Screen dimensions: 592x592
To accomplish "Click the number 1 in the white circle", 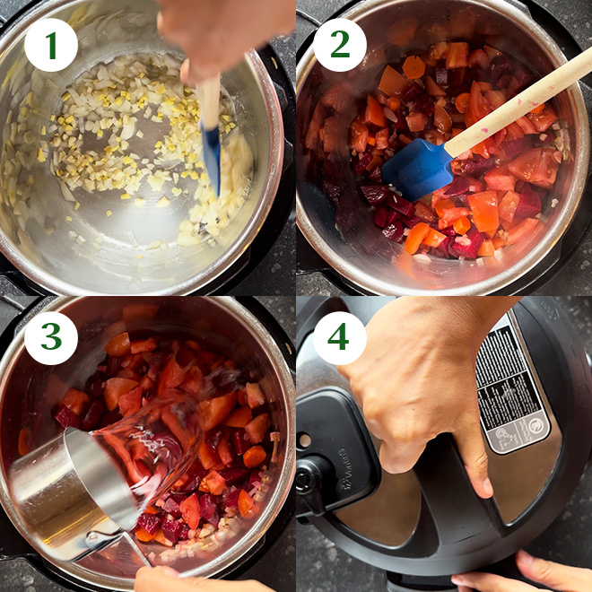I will click(51, 45).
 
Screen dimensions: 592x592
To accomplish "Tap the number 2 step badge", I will click(340, 45).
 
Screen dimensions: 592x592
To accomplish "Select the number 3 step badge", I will click(51, 337).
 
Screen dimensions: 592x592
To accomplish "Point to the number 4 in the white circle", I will click(340, 337).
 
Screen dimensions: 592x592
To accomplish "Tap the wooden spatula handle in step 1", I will click(208, 100).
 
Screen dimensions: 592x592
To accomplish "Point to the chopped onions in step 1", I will click(117, 135).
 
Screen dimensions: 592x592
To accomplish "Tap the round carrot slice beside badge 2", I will click(414, 67).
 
